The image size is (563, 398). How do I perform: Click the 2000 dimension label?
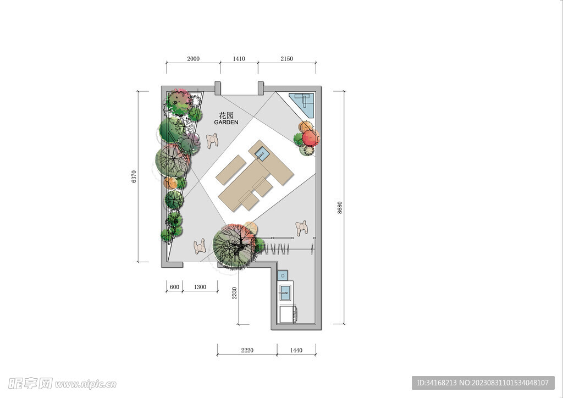point(193,59)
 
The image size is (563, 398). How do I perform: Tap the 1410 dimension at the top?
point(239,59)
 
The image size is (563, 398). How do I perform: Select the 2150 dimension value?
point(286,59)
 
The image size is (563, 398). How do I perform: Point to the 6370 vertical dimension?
point(134,176)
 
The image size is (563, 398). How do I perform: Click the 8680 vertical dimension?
point(340,208)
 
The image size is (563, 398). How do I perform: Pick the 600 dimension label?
point(174,287)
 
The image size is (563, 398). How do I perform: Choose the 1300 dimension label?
point(200,287)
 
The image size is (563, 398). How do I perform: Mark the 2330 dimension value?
point(234,293)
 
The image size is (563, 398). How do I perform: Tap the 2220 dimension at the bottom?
point(247,350)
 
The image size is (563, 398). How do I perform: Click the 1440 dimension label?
point(296,350)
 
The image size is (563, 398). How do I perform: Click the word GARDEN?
point(226,123)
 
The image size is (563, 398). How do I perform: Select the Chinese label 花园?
point(226,115)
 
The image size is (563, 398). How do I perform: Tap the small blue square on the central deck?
point(261,154)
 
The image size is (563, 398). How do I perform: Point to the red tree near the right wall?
point(310,138)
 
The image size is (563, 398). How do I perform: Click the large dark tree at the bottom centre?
point(234,245)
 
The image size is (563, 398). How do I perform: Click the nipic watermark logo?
point(62,384)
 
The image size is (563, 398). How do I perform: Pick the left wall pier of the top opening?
point(218,89)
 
